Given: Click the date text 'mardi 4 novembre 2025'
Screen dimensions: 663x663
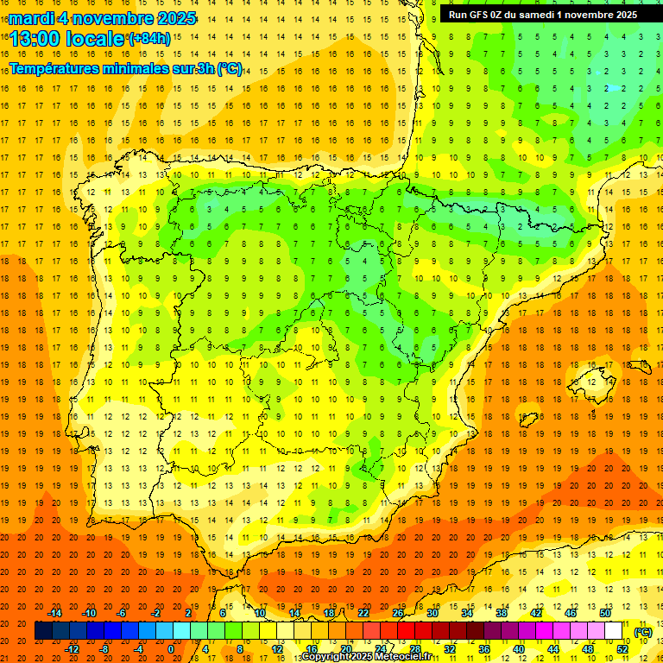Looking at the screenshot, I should tap(102, 18).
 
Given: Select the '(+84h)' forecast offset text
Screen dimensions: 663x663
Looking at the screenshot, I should tap(149, 39).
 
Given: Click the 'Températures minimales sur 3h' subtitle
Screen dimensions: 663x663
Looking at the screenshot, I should tap(126, 69).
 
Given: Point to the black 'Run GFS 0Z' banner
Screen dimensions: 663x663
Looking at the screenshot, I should tap(543, 15).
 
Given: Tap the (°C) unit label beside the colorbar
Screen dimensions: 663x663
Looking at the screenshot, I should tap(643, 632).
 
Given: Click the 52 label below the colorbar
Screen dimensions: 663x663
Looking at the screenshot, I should tap(622, 649).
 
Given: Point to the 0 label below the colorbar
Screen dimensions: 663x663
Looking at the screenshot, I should tap(171, 649).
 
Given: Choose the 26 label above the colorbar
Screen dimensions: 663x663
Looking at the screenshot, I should tap(398, 613).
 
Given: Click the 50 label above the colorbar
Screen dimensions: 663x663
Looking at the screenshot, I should tap(604, 613).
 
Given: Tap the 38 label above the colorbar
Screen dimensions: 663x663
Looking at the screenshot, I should tap(502, 613).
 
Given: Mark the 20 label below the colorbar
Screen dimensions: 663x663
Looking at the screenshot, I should tap(346, 649).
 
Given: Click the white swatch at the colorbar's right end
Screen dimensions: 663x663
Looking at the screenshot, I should tap(613, 631).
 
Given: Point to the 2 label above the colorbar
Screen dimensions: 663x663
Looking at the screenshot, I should tap(188, 613).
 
